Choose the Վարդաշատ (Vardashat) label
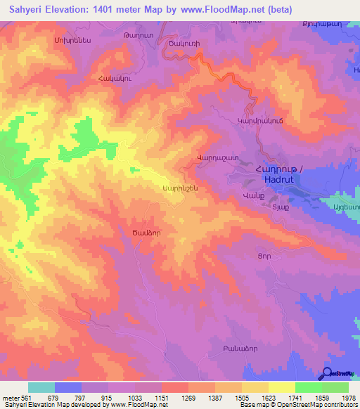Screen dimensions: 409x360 [x=219, y=157]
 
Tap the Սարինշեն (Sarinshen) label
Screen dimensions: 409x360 [x=180, y=188]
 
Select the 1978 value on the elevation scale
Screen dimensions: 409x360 [x=347, y=398]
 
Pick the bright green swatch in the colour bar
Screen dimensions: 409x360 [x=308, y=387]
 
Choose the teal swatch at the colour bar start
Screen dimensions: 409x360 [x=41, y=387]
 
